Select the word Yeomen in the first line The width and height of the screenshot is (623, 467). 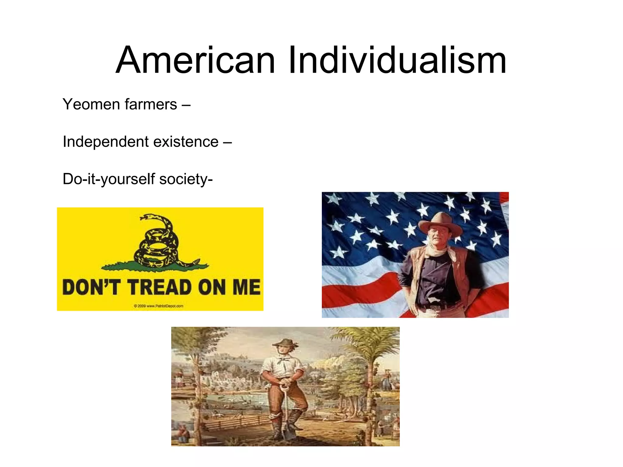tap(91, 104)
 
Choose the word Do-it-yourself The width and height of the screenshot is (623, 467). tap(109, 179)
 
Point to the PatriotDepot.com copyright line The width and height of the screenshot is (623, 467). tap(158, 306)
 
